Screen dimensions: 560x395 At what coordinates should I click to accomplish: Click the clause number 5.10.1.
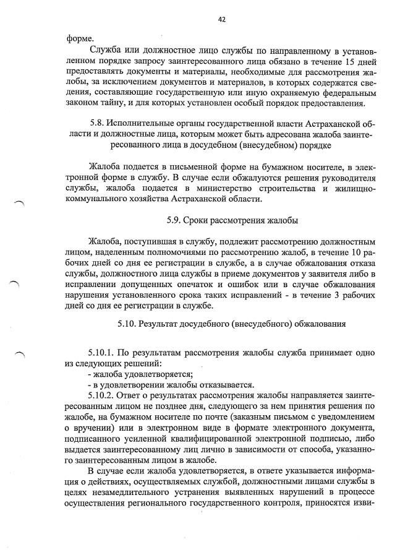click(103, 352)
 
